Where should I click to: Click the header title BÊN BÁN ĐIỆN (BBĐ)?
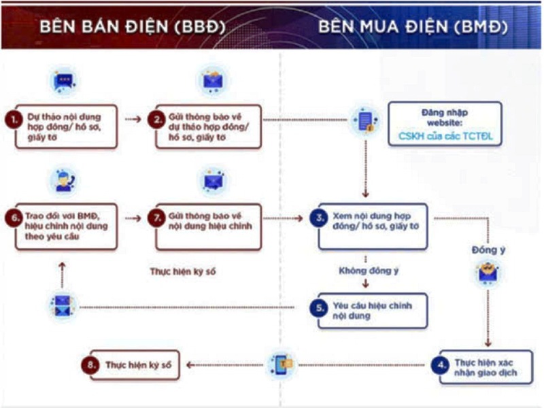point(132,27)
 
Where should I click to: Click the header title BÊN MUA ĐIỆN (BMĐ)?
point(413,27)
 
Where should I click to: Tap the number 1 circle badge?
point(14,120)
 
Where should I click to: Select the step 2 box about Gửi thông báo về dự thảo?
point(209,126)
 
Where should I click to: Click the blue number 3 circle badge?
point(319,218)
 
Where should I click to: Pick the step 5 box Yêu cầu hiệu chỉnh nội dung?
point(373,311)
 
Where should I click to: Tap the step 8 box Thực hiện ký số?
point(135,365)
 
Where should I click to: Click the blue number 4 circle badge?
point(440,365)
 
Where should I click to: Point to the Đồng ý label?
point(488,250)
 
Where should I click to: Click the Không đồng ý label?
point(369,271)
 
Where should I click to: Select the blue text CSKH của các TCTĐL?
point(445,136)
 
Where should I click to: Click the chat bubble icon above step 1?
point(63,82)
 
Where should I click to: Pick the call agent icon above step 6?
point(63,181)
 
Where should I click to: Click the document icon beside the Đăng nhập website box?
point(365,120)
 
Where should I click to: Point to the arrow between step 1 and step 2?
point(133,120)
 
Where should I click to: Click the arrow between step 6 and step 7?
point(133,218)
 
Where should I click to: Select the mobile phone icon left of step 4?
point(282,364)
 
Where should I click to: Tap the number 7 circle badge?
point(157,218)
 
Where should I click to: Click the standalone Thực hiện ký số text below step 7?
point(183,271)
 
